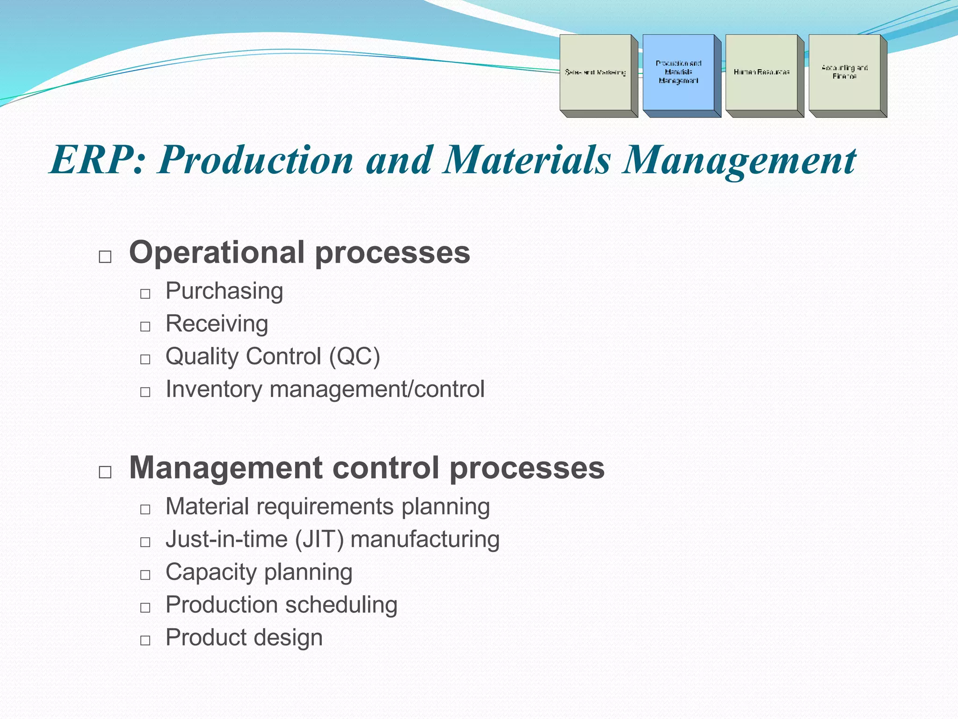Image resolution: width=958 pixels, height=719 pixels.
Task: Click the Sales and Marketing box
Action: click(x=595, y=72)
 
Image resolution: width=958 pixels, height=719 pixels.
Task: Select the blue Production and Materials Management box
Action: click(x=678, y=72)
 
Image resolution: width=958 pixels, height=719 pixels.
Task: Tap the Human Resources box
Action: click(x=762, y=72)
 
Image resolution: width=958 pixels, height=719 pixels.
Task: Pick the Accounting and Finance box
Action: click(x=844, y=72)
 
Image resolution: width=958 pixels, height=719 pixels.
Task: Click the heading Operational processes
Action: click(x=299, y=253)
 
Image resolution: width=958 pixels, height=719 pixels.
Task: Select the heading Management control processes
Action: click(x=367, y=468)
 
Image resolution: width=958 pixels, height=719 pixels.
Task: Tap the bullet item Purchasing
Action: click(x=225, y=291)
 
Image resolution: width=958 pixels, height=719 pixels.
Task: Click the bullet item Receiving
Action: click(x=217, y=324)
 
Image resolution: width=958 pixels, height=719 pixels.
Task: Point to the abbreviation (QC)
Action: click(x=355, y=357)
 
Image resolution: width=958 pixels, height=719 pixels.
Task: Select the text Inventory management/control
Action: click(x=325, y=389)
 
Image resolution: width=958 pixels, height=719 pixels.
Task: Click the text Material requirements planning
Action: click(x=327, y=506)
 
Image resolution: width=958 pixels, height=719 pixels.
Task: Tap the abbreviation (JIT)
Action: click(x=319, y=539)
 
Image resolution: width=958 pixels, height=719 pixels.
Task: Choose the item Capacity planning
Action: click(x=259, y=572)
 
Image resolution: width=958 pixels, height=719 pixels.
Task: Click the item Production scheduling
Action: click(x=282, y=605)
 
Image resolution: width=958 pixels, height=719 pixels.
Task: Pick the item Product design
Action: click(x=244, y=638)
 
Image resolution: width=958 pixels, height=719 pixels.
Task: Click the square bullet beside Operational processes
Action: click(x=105, y=257)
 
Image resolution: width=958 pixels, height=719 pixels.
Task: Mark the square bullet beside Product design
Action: click(x=145, y=640)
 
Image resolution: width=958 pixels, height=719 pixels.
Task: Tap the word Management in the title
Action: click(x=739, y=160)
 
